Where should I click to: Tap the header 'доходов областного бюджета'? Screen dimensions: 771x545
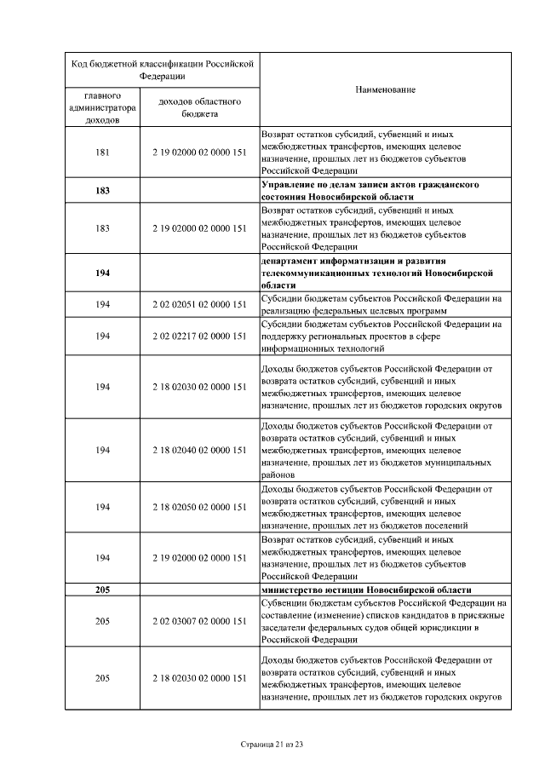tap(199, 107)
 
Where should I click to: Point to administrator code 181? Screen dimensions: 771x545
tap(102, 152)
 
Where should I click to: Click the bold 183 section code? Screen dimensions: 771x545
tap(102, 190)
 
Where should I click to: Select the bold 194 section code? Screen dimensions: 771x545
tap(102, 273)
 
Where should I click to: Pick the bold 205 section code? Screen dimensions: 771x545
tap(102, 590)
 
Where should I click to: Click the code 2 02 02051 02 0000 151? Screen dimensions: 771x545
tap(199, 304)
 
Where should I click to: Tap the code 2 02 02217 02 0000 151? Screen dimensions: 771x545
tap(199, 337)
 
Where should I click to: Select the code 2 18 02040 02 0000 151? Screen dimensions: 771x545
tap(199, 450)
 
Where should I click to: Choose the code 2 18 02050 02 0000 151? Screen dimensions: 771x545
tap(199, 507)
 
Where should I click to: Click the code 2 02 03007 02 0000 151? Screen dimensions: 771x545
tap(199, 621)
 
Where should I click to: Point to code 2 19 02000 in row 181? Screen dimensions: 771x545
tap(199, 152)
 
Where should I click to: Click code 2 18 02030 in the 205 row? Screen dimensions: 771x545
tap(199, 678)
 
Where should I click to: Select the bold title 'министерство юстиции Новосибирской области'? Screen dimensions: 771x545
tap(366, 590)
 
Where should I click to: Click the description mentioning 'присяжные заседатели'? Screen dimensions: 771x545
tap(383, 621)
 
